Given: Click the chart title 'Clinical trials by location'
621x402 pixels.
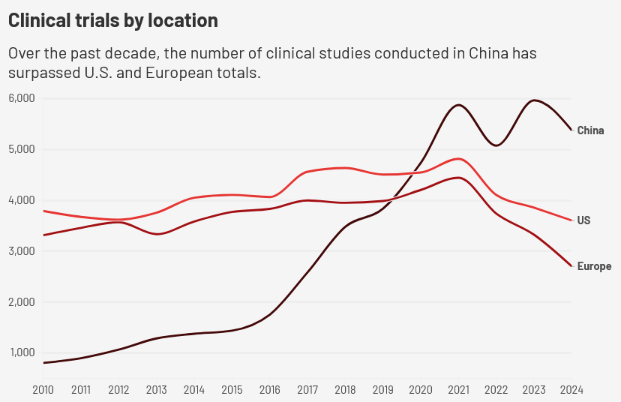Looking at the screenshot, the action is pyautogui.click(x=112, y=20).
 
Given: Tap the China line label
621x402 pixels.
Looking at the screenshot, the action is pyautogui.click(x=590, y=130).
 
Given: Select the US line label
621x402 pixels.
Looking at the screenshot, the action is pyautogui.click(x=583, y=220).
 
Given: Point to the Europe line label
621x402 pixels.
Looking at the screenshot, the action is pyautogui.click(x=594, y=266).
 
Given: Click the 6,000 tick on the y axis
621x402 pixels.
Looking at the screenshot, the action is pyautogui.click(x=22, y=98).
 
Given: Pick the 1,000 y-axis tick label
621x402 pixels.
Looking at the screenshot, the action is pyautogui.click(x=22, y=352).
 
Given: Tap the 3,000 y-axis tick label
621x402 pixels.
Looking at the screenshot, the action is pyautogui.click(x=22, y=251).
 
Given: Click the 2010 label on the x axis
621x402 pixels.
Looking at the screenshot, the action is pyautogui.click(x=43, y=390).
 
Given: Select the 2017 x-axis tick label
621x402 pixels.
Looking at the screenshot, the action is pyautogui.click(x=307, y=390).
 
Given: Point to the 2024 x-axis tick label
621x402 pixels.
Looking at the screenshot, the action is pyautogui.click(x=571, y=390).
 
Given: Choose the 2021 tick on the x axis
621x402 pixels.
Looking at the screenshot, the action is pyautogui.click(x=458, y=390).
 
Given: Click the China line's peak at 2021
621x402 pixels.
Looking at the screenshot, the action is pyautogui.click(x=458, y=105).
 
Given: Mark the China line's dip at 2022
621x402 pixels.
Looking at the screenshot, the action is pyautogui.click(x=496, y=145).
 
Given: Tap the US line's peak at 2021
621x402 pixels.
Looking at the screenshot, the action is pyautogui.click(x=458, y=159).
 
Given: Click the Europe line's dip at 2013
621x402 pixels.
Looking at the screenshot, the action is pyautogui.click(x=157, y=234).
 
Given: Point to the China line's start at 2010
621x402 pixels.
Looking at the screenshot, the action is pyautogui.click(x=43, y=363).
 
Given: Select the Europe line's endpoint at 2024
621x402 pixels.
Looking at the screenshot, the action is pyautogui.click(x=571, y=266).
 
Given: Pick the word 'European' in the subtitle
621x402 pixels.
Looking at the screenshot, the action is pyautogui.click(x=179, y=73).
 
